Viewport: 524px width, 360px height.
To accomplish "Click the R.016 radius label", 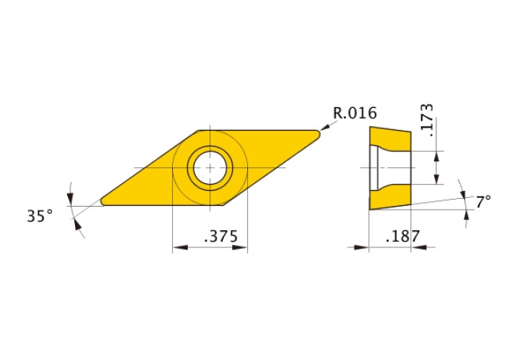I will pyautogui.click(x=355, y=113).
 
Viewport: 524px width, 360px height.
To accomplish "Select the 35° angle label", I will pyautogui.click(x=40, y=215).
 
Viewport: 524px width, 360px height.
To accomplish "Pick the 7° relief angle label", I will pyautogui.click(x=483, y=201).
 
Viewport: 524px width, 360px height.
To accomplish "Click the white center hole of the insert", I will pyautogui.click(x=210, y=167).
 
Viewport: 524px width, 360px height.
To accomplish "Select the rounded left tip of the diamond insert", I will pyautogui.click(x=104, y=201).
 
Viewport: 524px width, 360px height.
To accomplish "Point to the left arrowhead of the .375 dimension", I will pyautogui.click(x=176, y=248).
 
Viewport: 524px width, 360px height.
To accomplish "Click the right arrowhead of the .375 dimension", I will pyautogui.click(x=243, y=248).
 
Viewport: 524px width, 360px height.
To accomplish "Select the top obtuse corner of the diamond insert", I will pyautogui.click(x=200, y=131).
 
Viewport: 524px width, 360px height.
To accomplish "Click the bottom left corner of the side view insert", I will pyautogui.click(x=370, y=210).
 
